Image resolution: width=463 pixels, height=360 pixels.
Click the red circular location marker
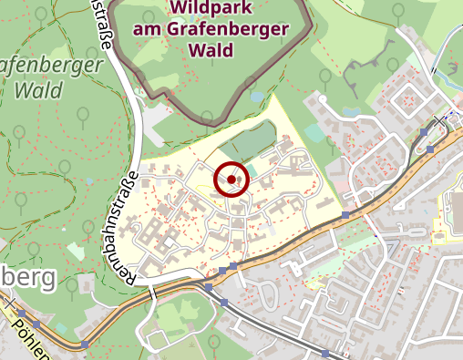231,180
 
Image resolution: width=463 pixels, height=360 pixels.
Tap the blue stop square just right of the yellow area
345,215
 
